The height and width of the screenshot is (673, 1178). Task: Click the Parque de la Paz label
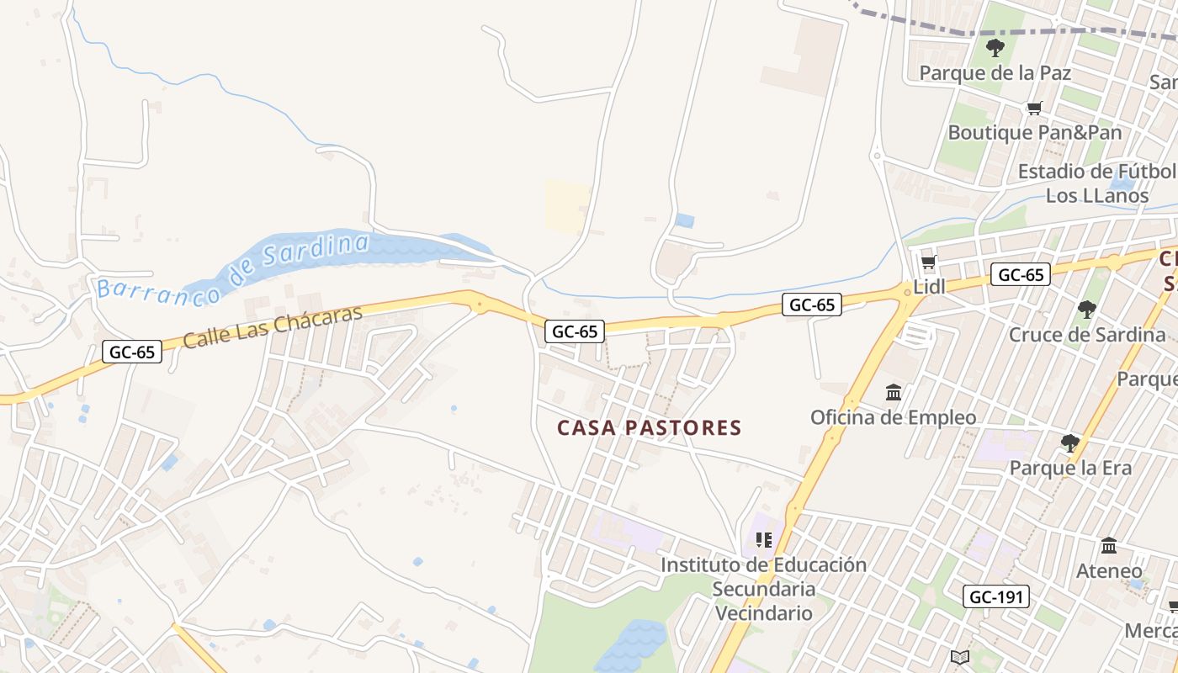[x=995, y=73]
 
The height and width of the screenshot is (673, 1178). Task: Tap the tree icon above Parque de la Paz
[x=995, y=48]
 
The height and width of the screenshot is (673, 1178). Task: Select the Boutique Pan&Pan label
[x=1035, y=132]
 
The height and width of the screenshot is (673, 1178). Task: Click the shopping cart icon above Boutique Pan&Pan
[x=1034, y=108]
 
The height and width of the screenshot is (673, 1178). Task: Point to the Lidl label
[x=930, y=287]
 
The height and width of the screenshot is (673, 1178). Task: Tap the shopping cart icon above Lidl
[x=929, y=262]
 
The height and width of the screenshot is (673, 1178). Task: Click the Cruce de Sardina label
[x=1087, y=335]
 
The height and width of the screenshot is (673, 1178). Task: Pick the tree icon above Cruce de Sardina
[x=1087, y=310]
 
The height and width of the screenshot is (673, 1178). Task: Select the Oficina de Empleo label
[x=894, y=417]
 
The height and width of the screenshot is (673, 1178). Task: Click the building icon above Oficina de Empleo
[x=894, y=393]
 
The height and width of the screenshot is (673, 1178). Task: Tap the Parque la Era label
[x=1070, y=468]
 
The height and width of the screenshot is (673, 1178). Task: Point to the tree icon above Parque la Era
[x=1070, y=442]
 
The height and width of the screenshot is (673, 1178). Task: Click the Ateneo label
[x=1109, y=571]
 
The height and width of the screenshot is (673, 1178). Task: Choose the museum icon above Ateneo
[x=1109, y=546]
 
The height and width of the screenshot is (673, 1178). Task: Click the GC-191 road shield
[x=996, y=597]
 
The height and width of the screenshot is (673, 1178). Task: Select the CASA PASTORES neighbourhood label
[x=650, y=428]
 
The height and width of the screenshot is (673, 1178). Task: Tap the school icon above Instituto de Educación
[x=764, y=539]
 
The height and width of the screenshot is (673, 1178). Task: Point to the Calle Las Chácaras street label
[x=272, y=326]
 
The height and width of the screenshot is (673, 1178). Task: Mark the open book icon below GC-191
[x=960, y=657]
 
